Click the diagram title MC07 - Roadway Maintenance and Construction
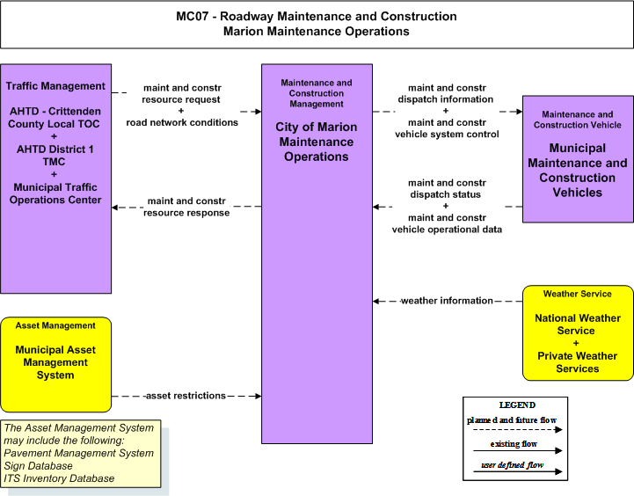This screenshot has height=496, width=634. coord(317,16)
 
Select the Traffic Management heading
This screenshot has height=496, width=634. coord(55,86)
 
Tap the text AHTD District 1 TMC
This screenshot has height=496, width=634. coord(55,156)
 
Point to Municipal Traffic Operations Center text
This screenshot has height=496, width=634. coord(55,193)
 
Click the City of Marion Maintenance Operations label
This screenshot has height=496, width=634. coord(317,142)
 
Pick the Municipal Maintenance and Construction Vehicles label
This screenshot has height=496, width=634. coord(578,171)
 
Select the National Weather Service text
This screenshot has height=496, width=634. coord(578,325)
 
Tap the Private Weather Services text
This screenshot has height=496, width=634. coord(578,362)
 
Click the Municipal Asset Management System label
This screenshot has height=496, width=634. coord(55,362)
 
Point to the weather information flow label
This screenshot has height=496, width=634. coord(447,301)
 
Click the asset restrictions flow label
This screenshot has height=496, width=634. coord(186,396)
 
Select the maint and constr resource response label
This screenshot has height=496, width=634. coord(186,207)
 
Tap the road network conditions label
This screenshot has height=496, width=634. coord(182,122)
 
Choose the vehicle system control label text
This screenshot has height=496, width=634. coord(447,135)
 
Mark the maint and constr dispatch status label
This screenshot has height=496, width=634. coord(447,188)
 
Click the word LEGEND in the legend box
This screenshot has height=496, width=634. coord(517,405)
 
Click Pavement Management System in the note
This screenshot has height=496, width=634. coord(79,453)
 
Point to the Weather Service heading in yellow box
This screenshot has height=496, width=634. coord(578,294)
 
